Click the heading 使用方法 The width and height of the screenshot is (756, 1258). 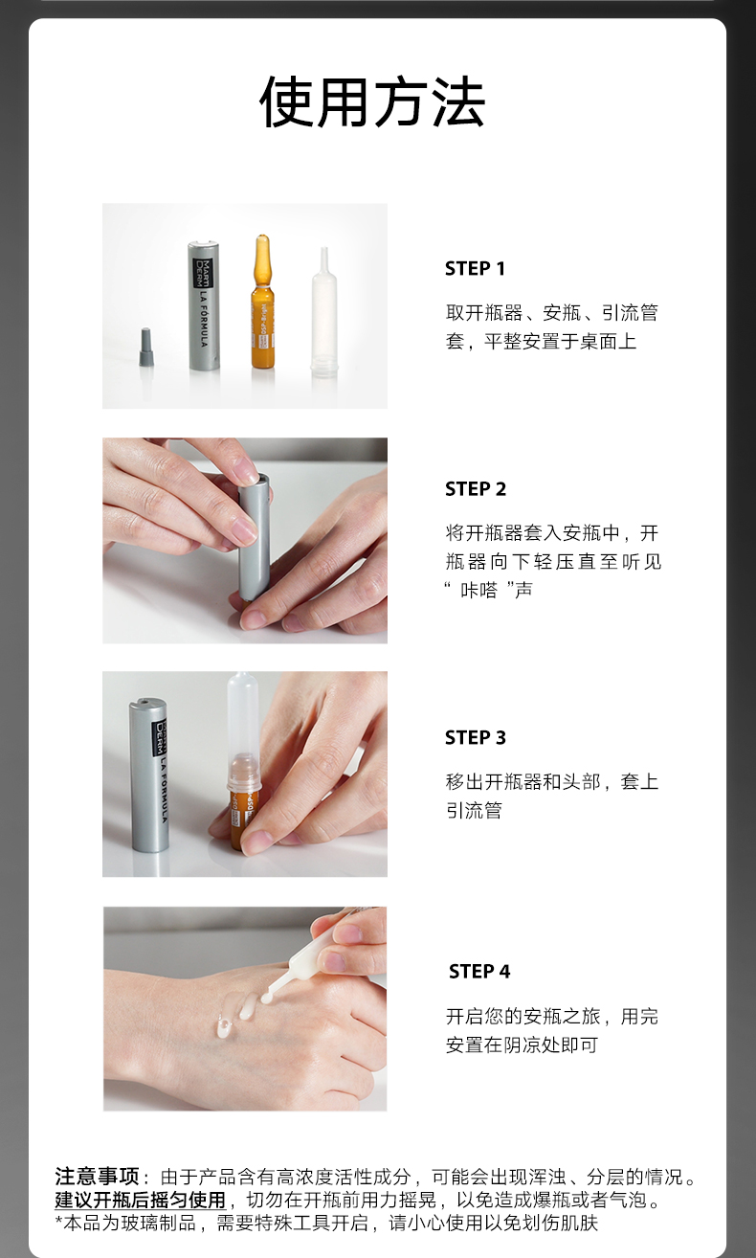(x=372, y=101)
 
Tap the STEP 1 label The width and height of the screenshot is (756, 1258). (x=475, y=268)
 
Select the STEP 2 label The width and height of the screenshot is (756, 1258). (x=476, y=488)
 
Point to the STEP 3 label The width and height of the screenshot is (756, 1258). (x=476, y=737)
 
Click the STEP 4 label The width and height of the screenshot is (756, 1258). (x=479, y=971)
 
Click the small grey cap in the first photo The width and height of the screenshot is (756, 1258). (x=145, y=348)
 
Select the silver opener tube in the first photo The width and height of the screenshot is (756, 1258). (x=204, y=306)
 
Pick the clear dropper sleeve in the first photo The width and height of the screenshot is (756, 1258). (x=323, y=312)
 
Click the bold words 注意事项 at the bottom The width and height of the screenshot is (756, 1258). (x=97, y=1176)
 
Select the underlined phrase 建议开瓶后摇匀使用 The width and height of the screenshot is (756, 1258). (x=141, y=1200)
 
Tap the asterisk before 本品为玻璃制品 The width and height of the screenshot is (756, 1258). (x=59, y=1221)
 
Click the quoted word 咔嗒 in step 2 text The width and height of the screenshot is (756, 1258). (x=478, y=590)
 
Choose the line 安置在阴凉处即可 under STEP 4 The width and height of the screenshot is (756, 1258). (x=522, y=1045)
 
